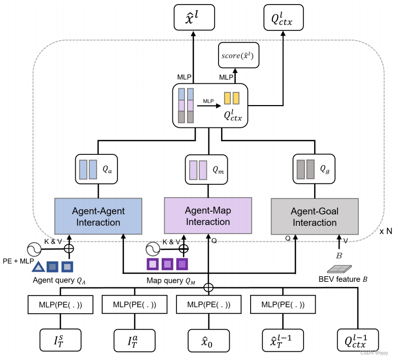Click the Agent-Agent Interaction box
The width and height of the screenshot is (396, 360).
[99, 216]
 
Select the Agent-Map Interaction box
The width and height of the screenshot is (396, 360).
[208, 216]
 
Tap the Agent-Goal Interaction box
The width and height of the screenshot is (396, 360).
[314, 217]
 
